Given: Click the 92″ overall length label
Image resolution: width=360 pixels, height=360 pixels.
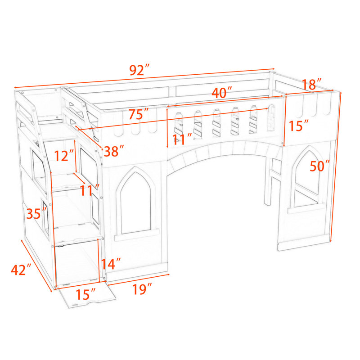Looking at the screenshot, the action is (139, 70).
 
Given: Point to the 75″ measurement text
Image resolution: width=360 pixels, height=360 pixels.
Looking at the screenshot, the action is (139, 114).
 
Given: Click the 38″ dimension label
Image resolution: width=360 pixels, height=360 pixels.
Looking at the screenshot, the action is (114, 151).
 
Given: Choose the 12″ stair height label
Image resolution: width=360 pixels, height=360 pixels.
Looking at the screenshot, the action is (64, 155).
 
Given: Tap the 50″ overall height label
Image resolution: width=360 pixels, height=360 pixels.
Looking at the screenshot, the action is (319, 166).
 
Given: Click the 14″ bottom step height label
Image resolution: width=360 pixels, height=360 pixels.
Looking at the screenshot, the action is (111, 264).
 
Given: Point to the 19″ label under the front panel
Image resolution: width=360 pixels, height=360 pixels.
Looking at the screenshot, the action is (142, 289).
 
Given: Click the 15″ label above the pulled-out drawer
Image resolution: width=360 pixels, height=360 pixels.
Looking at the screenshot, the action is (85, 294).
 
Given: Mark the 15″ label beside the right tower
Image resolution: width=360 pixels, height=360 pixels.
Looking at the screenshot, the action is (298, 126).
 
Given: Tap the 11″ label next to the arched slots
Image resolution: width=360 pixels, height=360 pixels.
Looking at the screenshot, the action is (182, 139).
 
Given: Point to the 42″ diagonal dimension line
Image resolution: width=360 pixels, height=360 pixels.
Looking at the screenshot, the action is (37, 266).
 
